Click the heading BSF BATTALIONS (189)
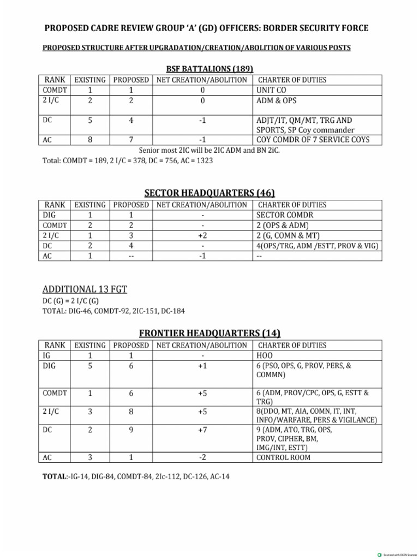click(209, 69)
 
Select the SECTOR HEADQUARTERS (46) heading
click(209, 193)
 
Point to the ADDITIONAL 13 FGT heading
click(85, 289)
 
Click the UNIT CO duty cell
click(271, 90)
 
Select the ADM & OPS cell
click(277, 101)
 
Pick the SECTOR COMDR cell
click(285, 215)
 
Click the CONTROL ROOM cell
click(283, 457)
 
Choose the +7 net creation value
click(202, 430)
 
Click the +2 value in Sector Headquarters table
click(202, 236)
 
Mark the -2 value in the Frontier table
click(202, 457)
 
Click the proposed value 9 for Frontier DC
click(131, 430)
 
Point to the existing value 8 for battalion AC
click(90, 140)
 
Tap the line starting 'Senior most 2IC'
click(209, 150)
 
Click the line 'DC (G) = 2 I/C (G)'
click(73, 301)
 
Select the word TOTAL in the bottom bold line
click(53, 477)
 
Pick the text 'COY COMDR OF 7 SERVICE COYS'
click(313, 140)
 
